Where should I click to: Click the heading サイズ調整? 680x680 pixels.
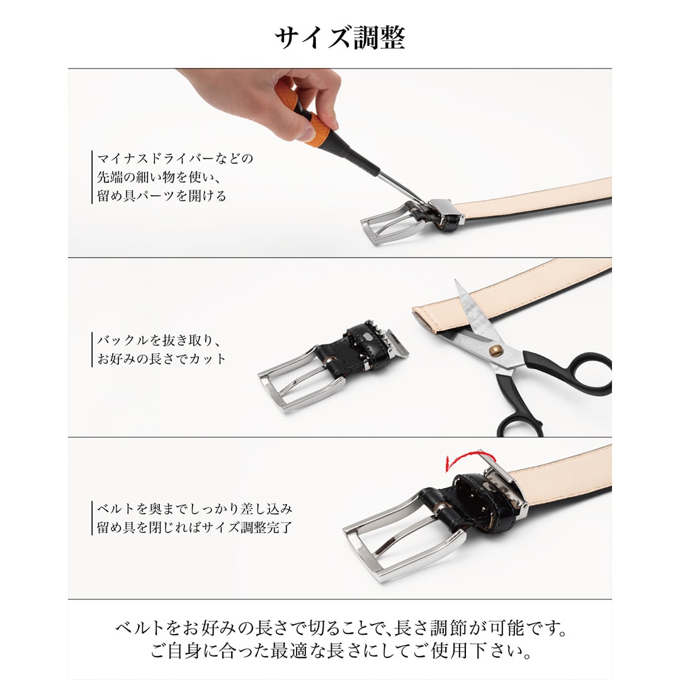340,38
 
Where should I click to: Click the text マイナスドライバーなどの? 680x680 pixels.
175,158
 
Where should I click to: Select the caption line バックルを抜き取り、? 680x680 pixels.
159,341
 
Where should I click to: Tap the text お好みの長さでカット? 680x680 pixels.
161,359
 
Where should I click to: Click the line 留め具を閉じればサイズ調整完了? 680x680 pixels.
195,528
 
